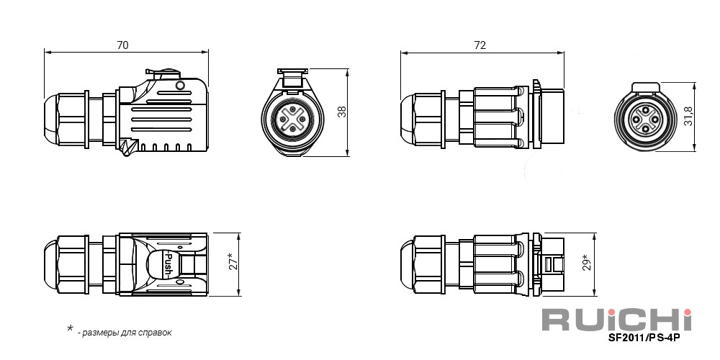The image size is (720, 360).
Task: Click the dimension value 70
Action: [x=122, y=45]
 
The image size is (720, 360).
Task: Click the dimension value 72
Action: [x=480, y=45]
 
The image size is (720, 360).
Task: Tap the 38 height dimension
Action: [x=342, y=112]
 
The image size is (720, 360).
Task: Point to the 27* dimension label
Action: [x=233, y=262]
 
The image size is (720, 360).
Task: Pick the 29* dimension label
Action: [x=588, y=263]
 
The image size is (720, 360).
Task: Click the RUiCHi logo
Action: [x=617, y=320]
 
